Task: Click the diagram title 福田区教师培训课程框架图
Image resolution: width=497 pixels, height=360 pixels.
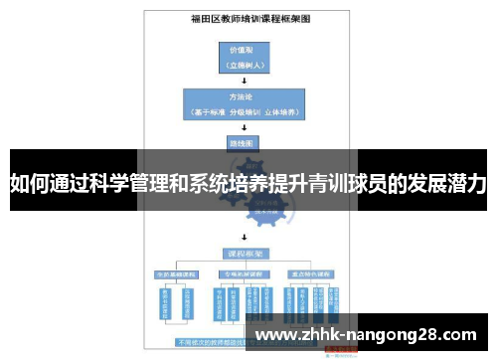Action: (x=244, y=18)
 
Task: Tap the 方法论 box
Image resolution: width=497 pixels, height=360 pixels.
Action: (x=243, y=104)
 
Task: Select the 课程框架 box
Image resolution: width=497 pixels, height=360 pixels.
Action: (x=244, y=255)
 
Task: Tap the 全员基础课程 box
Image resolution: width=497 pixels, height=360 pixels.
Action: (x=175, y=272)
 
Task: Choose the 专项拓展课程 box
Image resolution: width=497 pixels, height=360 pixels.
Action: (x=244, y=272)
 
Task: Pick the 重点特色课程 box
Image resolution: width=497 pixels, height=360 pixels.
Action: (x=311, y=272)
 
